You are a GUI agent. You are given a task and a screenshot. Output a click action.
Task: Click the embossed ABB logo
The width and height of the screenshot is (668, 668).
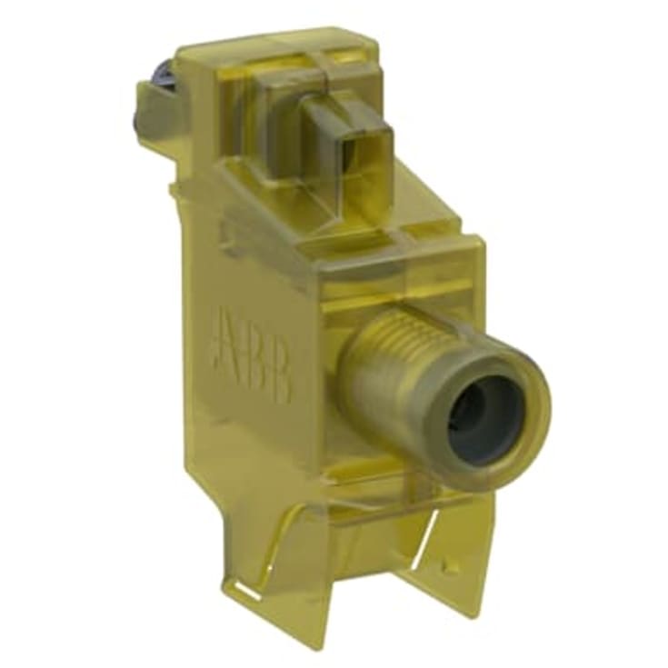[x=253, y=352]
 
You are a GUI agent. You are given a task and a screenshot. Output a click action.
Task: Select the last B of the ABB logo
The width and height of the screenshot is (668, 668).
[x=279, y=375]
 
